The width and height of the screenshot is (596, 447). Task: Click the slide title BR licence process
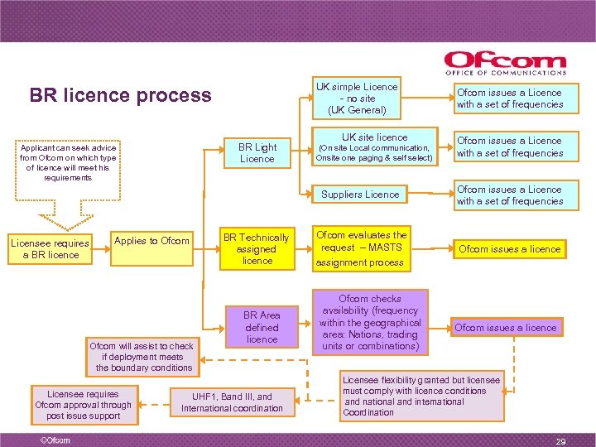click(120, 95)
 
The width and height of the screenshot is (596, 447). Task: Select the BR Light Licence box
click(257, 152)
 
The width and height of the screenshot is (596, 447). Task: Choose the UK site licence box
click(375, 147)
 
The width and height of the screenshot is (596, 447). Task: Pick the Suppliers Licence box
click(360, 195)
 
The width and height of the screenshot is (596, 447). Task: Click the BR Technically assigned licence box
click(257, 248)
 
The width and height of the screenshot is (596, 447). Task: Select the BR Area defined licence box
click(262, 327)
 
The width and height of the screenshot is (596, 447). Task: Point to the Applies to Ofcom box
click(151, 241)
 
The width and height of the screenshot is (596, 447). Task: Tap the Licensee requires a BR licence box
click(49, 248)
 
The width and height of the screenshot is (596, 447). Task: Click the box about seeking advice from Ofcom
click(69, 161)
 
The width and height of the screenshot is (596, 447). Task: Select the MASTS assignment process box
click(362, 248)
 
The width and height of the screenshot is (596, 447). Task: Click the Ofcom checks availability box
click(369, 322)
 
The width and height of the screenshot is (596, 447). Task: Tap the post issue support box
click(83, 405)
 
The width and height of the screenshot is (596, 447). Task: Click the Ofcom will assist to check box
click(143, 356)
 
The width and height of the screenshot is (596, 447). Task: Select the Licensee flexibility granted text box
click(421, 396)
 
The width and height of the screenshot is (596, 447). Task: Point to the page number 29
click(560, 441)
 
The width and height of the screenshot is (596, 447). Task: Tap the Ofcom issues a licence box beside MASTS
click(509, 248)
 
